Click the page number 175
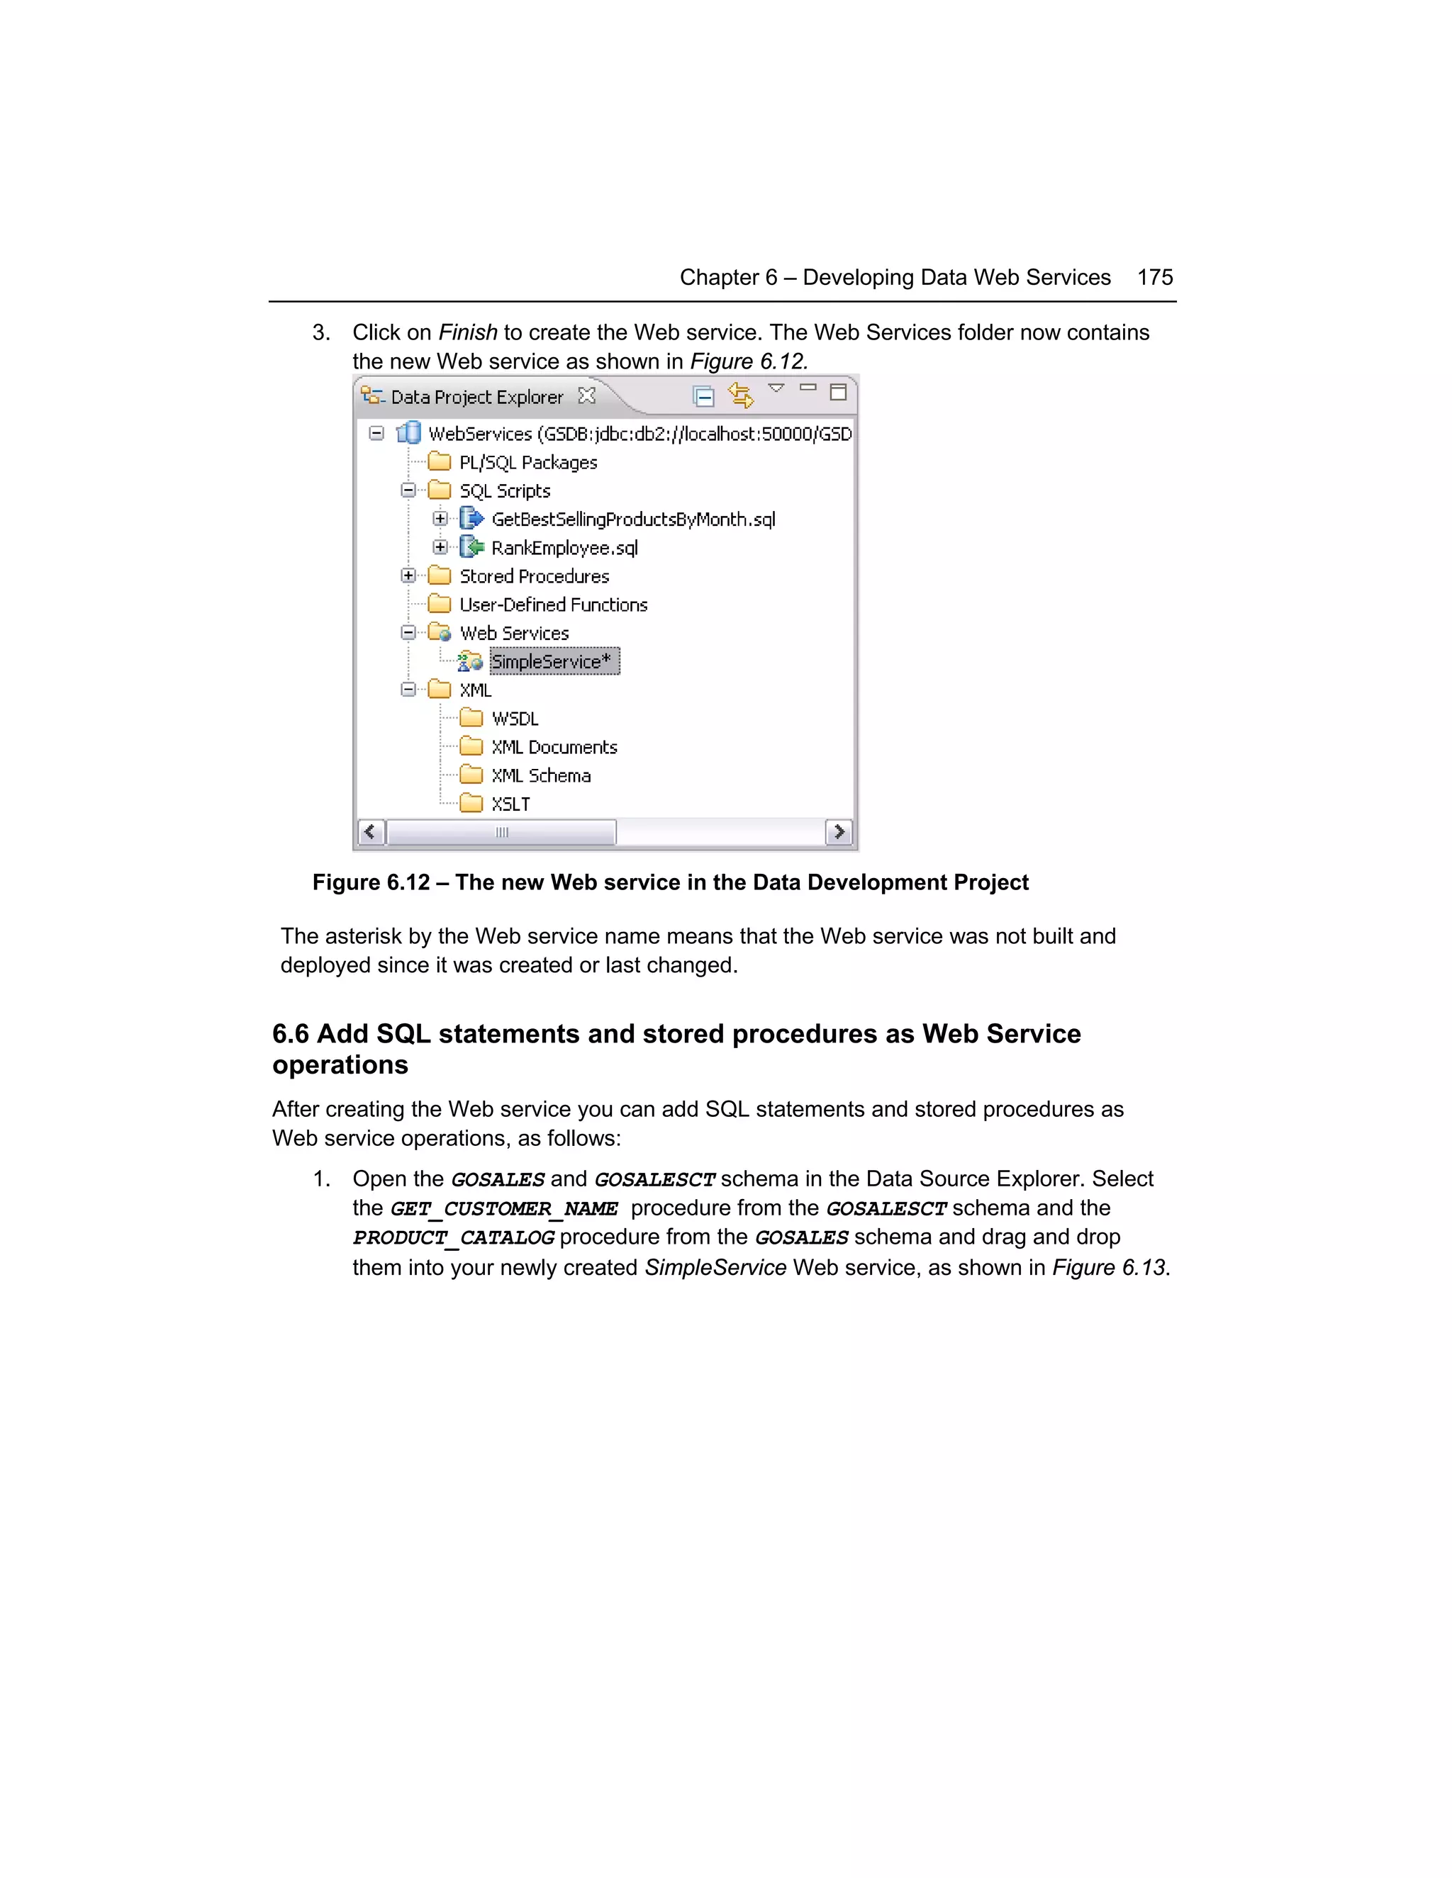(1154, 278)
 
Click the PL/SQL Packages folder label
(527, 463)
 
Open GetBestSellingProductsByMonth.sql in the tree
(632, 519)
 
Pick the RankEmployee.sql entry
(564, 548)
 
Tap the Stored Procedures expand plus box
(408, 575)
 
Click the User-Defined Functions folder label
(552, 605)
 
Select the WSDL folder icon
(471, 718)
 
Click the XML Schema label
(540, 775)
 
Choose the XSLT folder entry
(510, 804)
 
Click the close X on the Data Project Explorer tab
(586, 395)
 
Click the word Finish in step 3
(468, 333)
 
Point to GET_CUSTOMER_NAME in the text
(504, 1209)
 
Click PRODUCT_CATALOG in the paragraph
(453, 1238)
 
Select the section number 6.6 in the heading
(290, 1033)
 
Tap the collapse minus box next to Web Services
(408, 633)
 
